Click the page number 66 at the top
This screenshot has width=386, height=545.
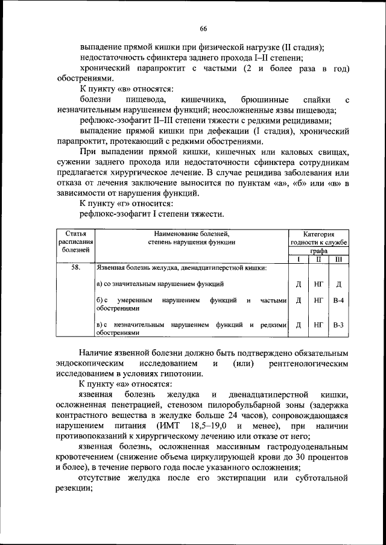[x=203, y=28]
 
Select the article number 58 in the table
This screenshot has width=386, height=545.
[x=75, y=267]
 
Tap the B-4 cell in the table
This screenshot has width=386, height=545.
[x=338, y=300]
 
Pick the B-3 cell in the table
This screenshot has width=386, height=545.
[x=338, y=325]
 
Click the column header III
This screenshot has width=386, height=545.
[x=338, y=259]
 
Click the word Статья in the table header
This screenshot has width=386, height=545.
[x=75, y=234]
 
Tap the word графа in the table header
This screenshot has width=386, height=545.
[x=318, y=251]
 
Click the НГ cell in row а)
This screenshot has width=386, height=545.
[x=318, y=284]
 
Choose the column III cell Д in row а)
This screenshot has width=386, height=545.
[x=338, y=284]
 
